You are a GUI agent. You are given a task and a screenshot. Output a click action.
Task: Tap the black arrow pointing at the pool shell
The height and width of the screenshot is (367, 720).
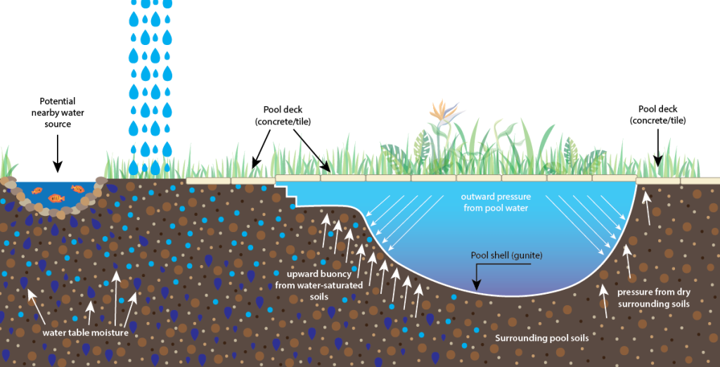[476, 274]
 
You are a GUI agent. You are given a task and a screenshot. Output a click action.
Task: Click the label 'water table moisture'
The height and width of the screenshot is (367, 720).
[85, 333]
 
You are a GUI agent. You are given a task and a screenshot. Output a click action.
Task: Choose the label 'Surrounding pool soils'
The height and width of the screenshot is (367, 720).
[541, 338]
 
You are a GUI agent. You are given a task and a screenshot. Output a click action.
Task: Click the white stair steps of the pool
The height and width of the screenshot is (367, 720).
[285, 194]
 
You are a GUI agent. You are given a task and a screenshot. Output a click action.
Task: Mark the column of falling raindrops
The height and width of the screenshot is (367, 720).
[146, 84]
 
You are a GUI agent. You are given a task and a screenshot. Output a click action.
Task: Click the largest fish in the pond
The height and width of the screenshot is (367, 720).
[56, 198]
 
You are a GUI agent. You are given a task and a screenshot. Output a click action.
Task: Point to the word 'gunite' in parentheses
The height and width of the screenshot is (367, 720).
[527, 255]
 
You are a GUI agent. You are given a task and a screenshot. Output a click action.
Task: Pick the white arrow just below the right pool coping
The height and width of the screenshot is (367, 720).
[647, 198]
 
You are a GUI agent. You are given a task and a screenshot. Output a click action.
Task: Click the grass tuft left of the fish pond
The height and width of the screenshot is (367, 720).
[7, 163]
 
